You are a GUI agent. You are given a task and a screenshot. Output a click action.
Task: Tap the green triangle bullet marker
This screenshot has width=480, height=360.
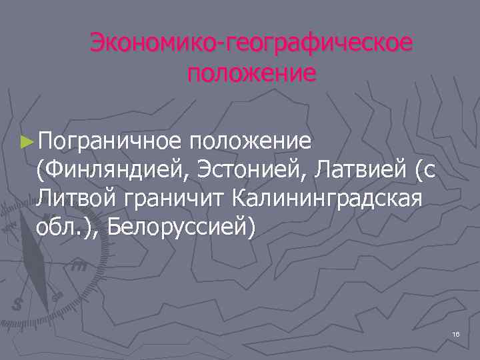[x=27, y=142]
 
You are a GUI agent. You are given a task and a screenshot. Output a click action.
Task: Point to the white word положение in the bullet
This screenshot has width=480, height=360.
[x=250, y=141]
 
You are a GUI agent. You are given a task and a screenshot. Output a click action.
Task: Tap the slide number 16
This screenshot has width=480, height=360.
[x=456, y=333]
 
